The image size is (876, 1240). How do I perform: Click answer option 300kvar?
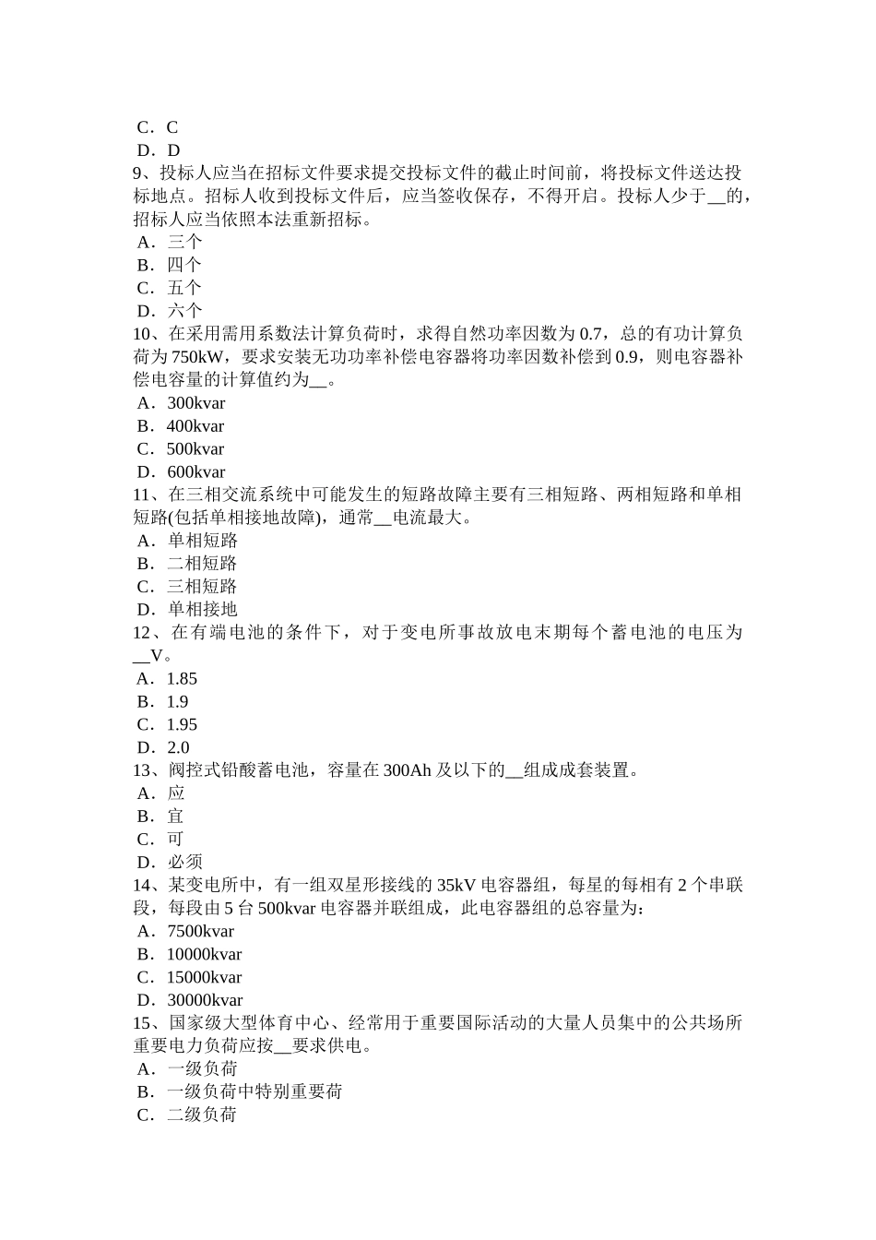click(x=195, y=403)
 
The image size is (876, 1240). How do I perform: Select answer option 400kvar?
click(x=195, y=426)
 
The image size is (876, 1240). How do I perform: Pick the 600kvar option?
click(x=195, y=472)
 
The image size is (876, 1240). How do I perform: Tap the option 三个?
click(x=184, y=242)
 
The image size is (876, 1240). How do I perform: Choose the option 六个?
click(x=184, y=311)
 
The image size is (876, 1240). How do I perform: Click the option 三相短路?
click(x=202, y=587)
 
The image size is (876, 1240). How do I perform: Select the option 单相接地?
click(x=202, y=610)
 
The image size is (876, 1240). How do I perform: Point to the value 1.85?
click(x=182, y=679)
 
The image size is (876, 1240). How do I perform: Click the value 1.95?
click(x=182, y=725)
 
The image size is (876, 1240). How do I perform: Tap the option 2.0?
click(x=178, y=748)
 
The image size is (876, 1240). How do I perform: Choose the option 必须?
click(x=184, y=863)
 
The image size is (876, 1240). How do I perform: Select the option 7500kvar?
click(x=200, y=932)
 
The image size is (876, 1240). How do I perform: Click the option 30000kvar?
click(x=204, y=1001)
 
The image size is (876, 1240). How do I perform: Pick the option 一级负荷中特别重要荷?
click(x=255, y=1092)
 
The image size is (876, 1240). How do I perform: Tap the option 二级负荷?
click(x=202, y=1115)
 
